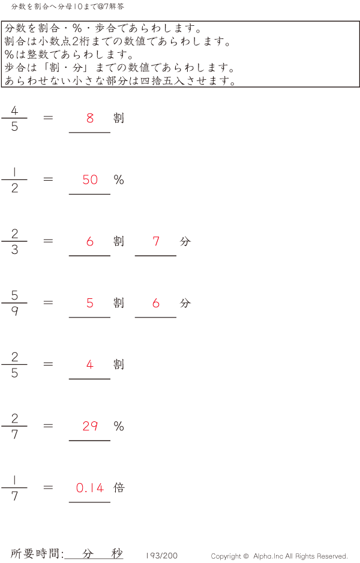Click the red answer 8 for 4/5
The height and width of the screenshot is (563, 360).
coord(90,118)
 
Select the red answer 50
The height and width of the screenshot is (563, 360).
coord(90,180)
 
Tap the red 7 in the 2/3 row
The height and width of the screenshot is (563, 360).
coord(156,241)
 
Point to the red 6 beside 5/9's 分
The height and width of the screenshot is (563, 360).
coord(156,303)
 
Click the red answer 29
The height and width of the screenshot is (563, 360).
coord(90,426)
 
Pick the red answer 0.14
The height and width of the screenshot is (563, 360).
coord(90,488)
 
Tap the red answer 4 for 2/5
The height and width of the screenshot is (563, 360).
coord(90,364)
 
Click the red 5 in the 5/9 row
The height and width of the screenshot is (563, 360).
coord(90,303)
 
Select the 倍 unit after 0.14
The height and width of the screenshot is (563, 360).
coord(119,487)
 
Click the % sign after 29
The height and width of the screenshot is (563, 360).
coord(119,426)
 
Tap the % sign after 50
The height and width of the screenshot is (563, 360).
coord(119,180)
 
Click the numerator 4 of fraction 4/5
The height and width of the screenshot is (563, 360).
coord(14,110)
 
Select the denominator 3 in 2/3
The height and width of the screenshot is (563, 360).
coord(14,250)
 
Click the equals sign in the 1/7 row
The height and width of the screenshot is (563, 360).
coord(49,487)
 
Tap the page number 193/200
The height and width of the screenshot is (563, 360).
coord(161,556)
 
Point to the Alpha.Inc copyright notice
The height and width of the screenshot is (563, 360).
coord(279,556)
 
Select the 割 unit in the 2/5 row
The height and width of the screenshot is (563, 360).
coord(119,364)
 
